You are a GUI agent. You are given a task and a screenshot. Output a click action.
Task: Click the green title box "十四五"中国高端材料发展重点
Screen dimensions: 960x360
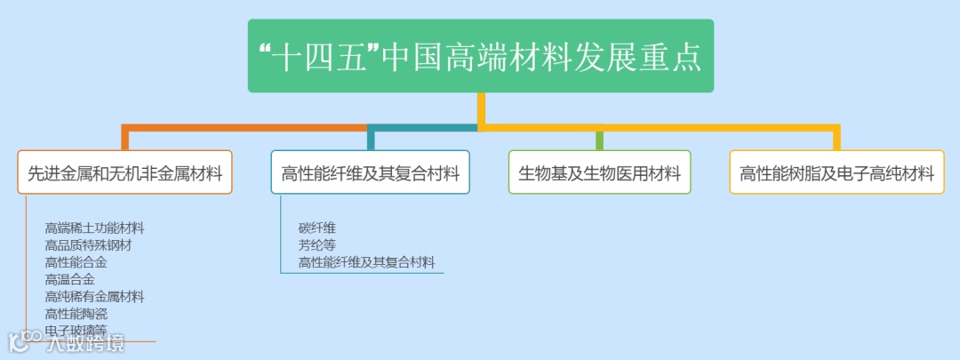coord(480,56)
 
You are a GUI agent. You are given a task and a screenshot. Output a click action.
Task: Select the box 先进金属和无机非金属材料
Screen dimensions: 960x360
coord(124,172)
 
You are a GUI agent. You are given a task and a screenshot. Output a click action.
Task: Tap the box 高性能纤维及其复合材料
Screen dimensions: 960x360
coord(370,172)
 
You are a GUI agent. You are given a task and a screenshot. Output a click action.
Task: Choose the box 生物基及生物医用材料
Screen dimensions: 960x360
coord(599,172)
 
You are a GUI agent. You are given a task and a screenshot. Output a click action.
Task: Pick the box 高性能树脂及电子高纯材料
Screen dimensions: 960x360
coord(836,172)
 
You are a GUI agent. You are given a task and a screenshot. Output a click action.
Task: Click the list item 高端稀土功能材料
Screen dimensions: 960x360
coord(94,228)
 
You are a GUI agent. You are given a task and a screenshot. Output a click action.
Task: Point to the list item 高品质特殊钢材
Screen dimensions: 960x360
coord(88,245)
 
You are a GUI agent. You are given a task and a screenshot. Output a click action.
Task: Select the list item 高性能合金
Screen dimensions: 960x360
coord(76,262)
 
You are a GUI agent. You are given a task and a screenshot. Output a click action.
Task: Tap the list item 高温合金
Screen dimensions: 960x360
coord(69,279)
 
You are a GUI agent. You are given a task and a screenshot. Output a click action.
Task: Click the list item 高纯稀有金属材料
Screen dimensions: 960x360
coord(94,296)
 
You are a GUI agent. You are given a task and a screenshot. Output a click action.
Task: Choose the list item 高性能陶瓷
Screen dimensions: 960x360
coord(76,313)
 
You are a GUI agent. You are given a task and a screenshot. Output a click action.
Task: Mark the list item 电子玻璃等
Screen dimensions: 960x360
coord(76,330)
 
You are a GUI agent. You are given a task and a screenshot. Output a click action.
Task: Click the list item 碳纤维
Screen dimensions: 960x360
coord(316,228)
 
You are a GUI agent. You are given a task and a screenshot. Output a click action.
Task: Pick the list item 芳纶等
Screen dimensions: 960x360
coord(316,244)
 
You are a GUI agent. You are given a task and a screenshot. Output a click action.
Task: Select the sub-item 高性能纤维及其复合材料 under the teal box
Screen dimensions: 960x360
coord(366,261)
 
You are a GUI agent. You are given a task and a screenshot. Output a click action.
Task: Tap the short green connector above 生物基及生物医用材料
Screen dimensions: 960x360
coord(599,140)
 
